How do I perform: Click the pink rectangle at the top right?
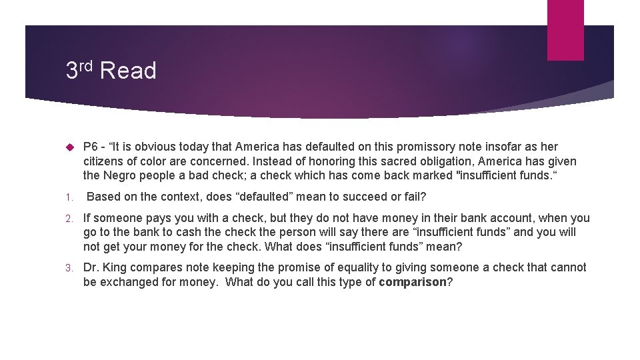[x=565, y=30]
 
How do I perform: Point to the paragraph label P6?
[x=91, y=147]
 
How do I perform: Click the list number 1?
[x=69, y=197]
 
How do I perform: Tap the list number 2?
[x=69, y=219]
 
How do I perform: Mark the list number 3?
[x=69, y=268]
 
